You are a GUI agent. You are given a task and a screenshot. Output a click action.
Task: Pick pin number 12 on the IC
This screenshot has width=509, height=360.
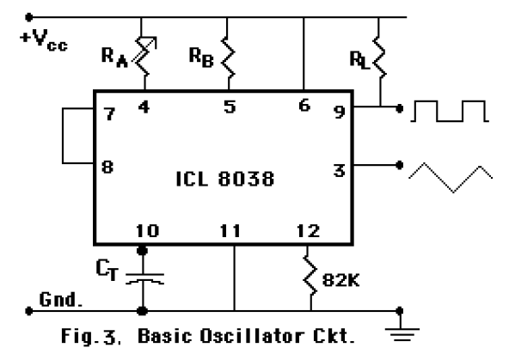pos(306,230)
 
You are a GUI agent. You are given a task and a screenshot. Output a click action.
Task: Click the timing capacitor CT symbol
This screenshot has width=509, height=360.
pos(143,278)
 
